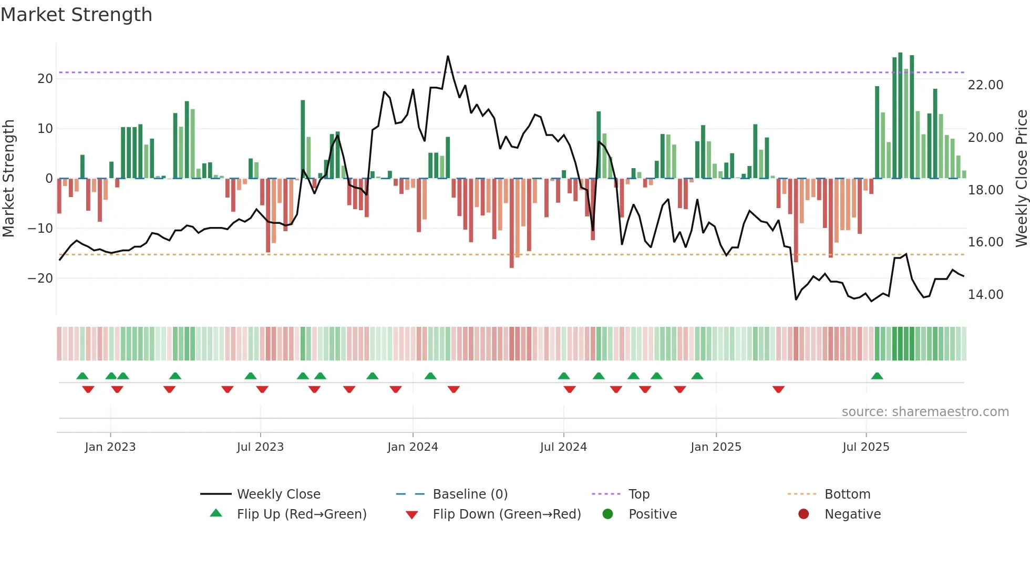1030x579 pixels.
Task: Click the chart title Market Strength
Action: click(x=76, y=15)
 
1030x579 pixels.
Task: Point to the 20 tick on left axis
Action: click(x=45, y=79)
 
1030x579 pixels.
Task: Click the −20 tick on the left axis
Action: click(x=40, y=278)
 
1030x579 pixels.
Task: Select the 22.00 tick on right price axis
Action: click(x=985, y=85)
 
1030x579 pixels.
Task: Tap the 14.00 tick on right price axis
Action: click(x=985, y=295)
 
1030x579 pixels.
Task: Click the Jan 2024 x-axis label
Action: click(x=413, y=447)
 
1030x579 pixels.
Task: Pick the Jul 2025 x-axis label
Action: click(x=866, y=447)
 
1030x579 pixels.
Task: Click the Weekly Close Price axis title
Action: click(x=1021, y=179)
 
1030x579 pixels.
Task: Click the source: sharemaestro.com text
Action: click(x=925, y=412)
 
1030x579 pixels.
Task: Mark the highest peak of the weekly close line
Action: click(x=448, y=56)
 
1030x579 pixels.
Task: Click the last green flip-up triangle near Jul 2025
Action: click(x=877, y=376)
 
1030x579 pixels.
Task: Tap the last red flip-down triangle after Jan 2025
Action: click(x=778, y=389)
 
